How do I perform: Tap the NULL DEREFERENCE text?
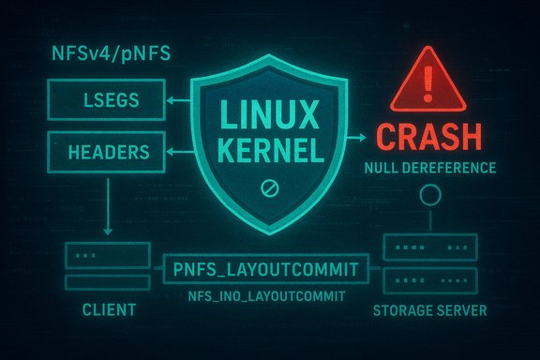coord(430,170)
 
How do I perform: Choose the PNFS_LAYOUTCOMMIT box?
coord(264,271)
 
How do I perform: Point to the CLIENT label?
coord(106,308)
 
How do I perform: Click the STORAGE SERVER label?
coord(430,309)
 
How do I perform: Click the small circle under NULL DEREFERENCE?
coord(430,195)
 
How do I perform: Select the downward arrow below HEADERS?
coord(106,206)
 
